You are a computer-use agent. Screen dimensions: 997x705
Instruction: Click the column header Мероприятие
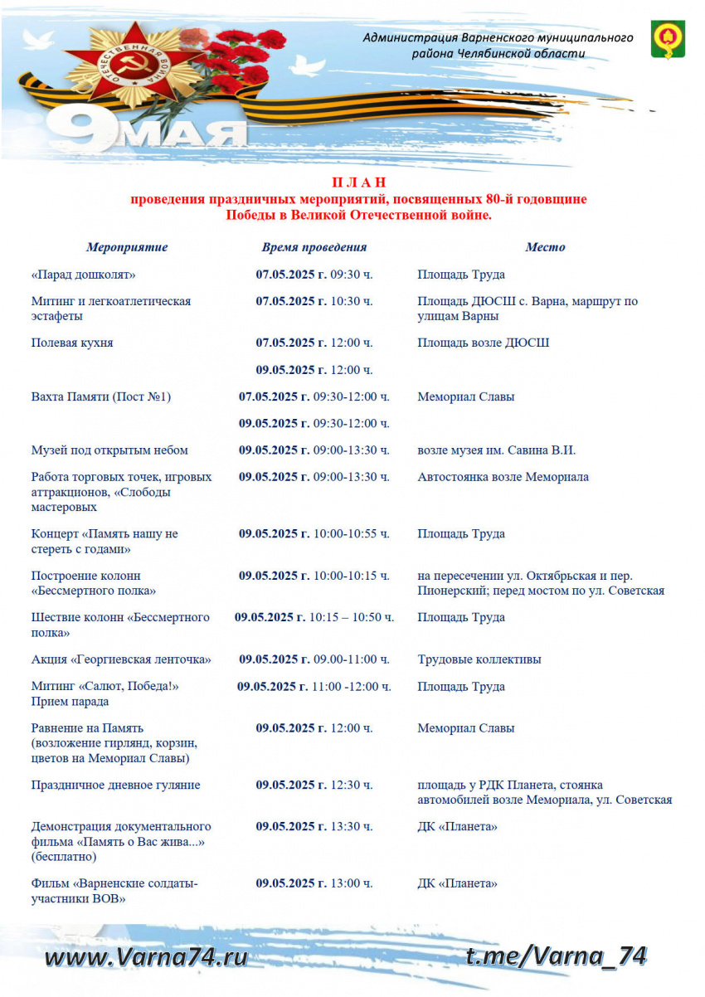[127, 247]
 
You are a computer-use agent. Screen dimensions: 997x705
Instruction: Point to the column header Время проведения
[314, 247]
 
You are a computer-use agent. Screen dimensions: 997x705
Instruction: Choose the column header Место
[545, 247]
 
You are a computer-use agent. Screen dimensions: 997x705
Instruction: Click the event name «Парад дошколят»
[83, 275]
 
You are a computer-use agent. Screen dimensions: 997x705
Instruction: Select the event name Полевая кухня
[72, 343]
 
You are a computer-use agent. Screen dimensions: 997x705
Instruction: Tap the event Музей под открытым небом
[109, 450]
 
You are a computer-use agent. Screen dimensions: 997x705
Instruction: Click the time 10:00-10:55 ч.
[352, 534]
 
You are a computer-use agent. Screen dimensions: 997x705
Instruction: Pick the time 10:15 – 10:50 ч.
[352, 618]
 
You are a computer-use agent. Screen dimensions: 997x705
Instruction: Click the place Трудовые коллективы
[479, 659]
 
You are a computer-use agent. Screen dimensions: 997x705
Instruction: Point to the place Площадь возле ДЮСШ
[483, 343]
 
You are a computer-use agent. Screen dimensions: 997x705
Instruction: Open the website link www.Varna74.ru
[146, 957]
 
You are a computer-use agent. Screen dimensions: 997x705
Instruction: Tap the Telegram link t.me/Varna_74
[556, 956]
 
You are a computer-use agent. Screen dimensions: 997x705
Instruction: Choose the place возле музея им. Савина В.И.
[496, 450]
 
